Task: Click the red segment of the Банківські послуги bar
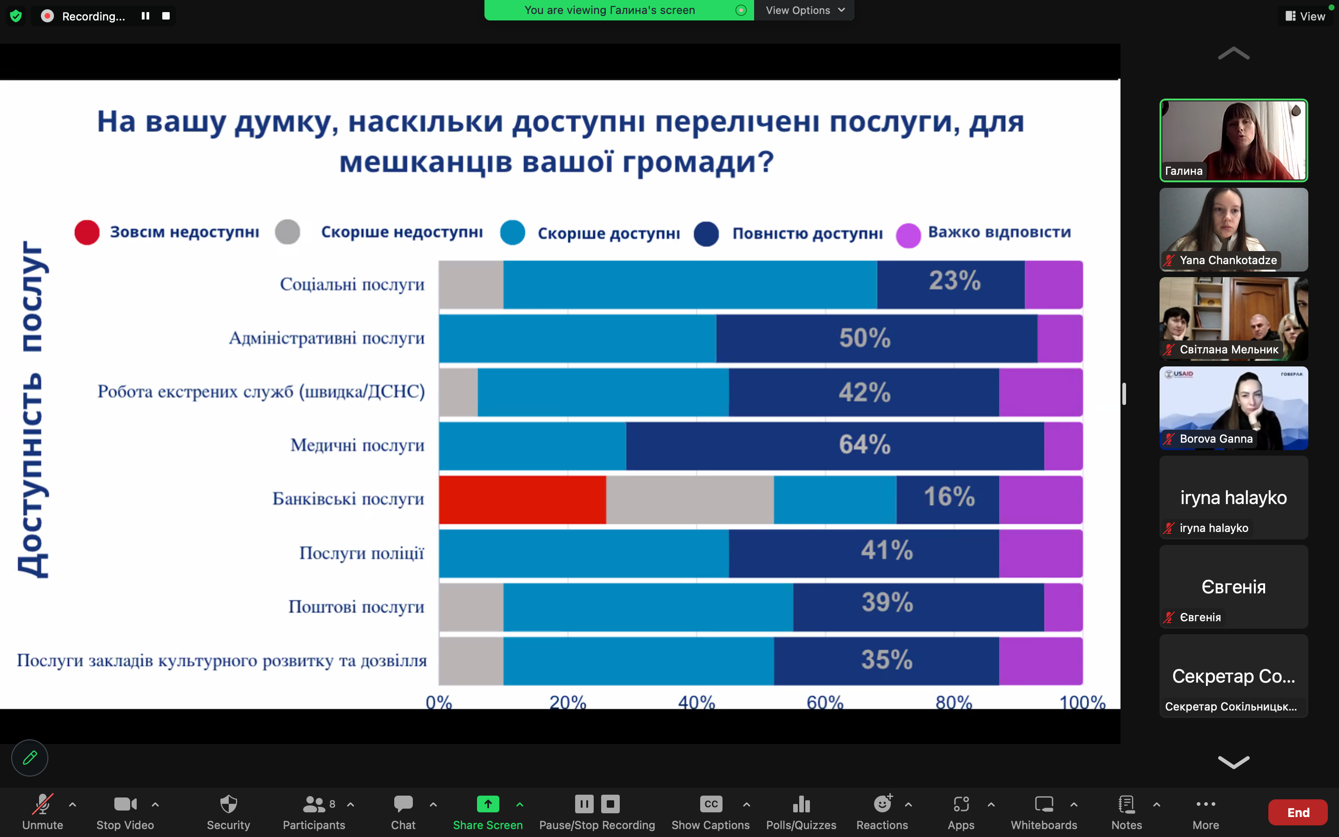[522, 499]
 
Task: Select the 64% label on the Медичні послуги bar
[864, 445]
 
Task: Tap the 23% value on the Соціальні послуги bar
[955, 281]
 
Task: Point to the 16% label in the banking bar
[949, 497]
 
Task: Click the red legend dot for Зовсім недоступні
[87, 232]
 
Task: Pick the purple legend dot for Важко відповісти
[908, 235]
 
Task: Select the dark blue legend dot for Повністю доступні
[706, 233]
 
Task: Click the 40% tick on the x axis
[696, 702]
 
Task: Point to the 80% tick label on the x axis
[954, 702]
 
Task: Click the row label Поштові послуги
[356, 607]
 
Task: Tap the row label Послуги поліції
[361, 553]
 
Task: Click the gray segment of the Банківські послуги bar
[689, 499]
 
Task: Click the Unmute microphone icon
[43, 804]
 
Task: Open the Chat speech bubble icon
[403, 804]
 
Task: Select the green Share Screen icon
[487, 804]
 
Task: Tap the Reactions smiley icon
[882, 804]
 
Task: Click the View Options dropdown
[804, 10]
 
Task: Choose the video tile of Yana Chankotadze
[1233, 229]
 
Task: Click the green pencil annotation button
[30, 757]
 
